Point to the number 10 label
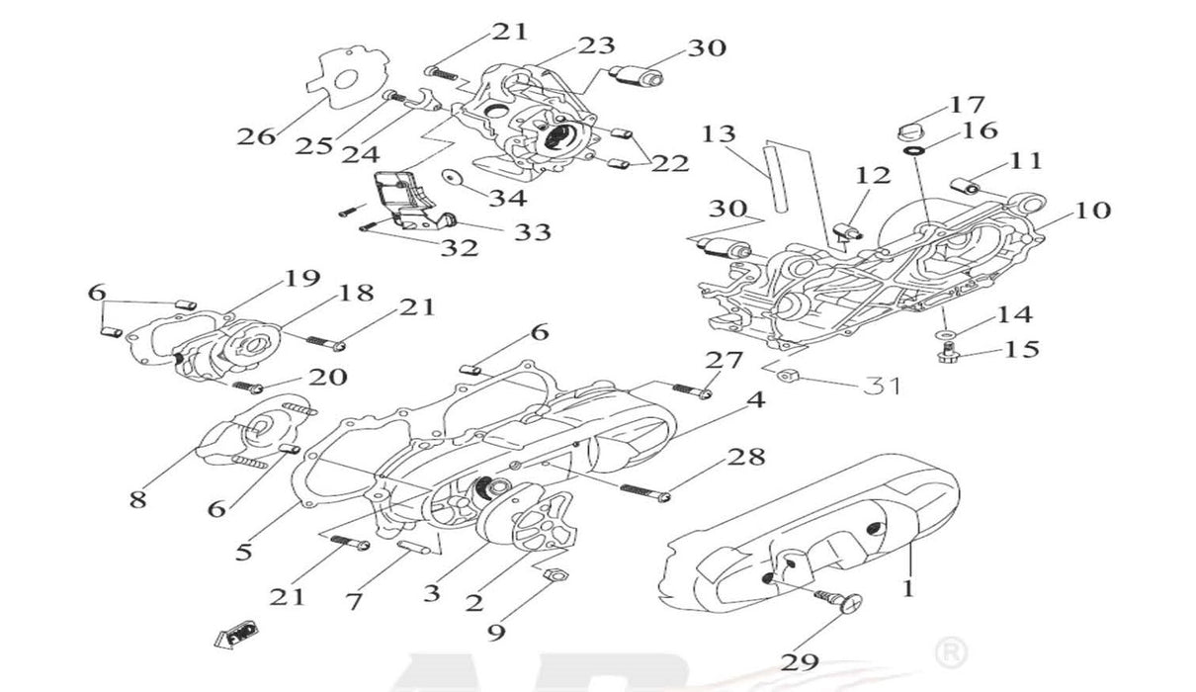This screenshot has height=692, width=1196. pos(1087,211)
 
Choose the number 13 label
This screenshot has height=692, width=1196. pos(721,133)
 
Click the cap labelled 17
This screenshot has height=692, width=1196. pos(911,129)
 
